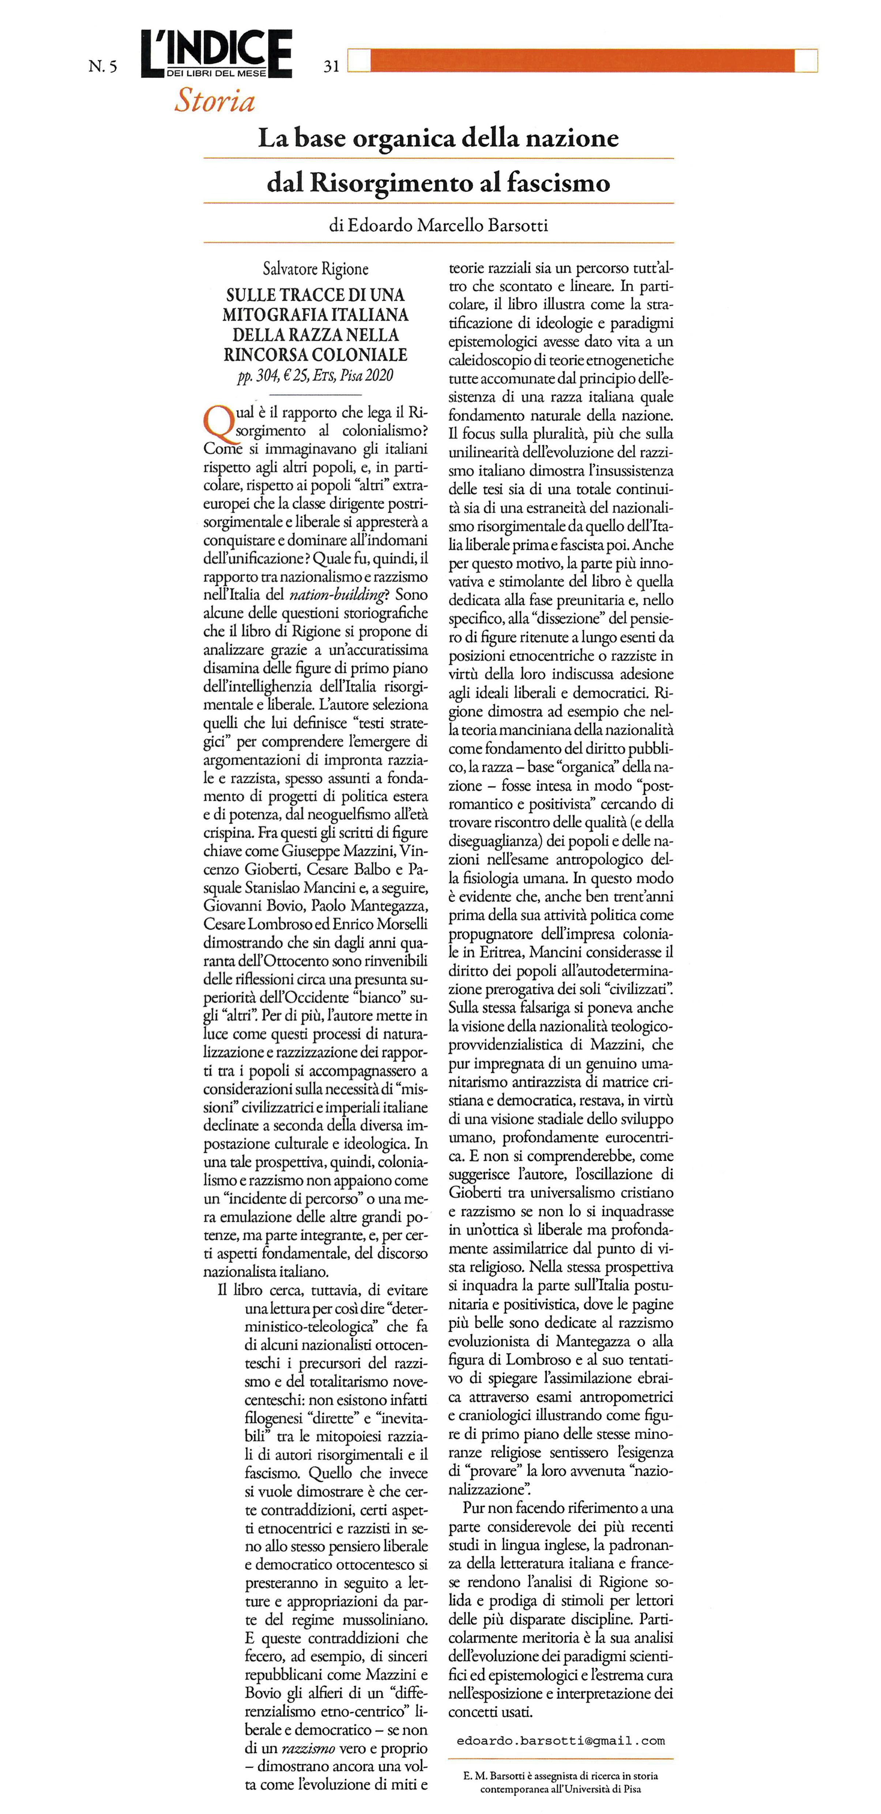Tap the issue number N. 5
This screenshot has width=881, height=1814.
(103, 66)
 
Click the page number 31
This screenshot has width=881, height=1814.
(331, 66)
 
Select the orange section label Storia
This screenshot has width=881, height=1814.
(215, 101)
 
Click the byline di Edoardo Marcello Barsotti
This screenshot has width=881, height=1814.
(438, 225)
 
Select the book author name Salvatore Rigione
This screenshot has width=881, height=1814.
(316, 268)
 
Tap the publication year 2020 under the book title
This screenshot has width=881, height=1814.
(380, 375)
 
